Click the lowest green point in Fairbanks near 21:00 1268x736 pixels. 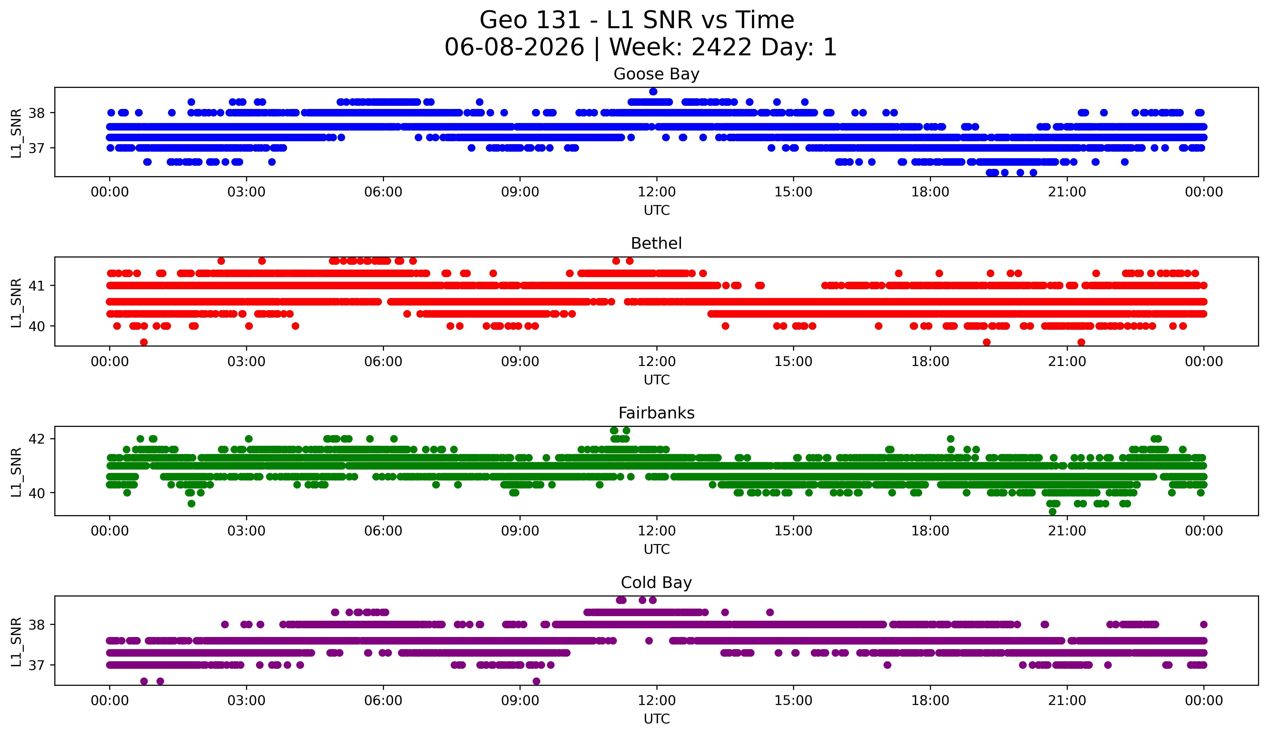[1052, 512]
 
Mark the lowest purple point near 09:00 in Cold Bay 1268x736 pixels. [536, 681]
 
